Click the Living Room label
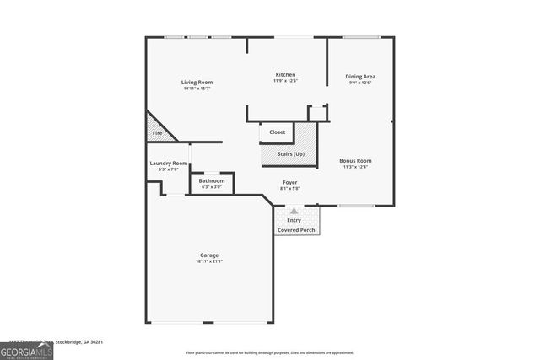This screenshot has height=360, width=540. click(196, 82)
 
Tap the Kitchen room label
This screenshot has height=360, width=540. click(285, 74)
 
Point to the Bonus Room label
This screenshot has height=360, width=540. click(355, 160)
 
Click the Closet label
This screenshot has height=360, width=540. click(277, 132)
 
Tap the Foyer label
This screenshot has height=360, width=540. click(289, 182)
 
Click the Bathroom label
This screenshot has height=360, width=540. click(212, 180)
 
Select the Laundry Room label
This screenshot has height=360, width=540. click(167, 164)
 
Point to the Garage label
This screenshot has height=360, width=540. click(209, 255)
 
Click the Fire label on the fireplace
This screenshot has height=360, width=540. click(157, 133)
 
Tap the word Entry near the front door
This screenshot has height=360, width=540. click(294, 220)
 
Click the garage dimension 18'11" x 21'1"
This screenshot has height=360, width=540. click(209, 261)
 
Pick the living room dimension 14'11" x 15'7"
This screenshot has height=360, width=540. click(196, 89)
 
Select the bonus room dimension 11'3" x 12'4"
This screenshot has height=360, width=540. click(355, 167)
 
